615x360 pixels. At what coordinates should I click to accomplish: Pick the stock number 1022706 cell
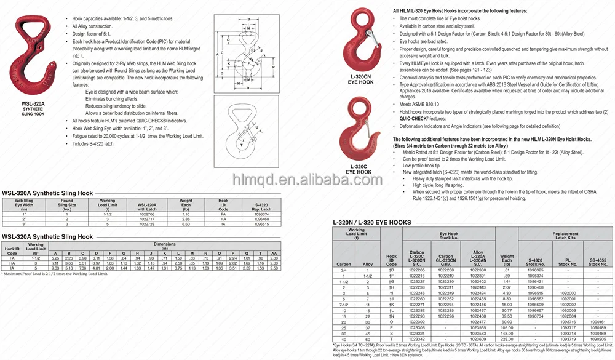147,214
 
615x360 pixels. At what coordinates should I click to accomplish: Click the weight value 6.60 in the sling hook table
186,224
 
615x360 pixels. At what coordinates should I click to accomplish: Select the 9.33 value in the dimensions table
56,268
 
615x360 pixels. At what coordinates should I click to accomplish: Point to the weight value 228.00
506,339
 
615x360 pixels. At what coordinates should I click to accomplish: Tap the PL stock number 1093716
568,322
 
